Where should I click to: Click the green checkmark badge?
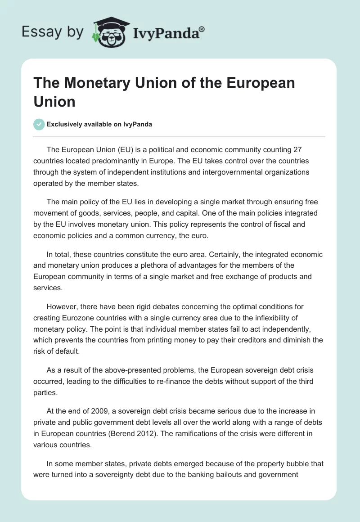[x=39, y=124]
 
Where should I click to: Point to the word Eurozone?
[x=76, y=318]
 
